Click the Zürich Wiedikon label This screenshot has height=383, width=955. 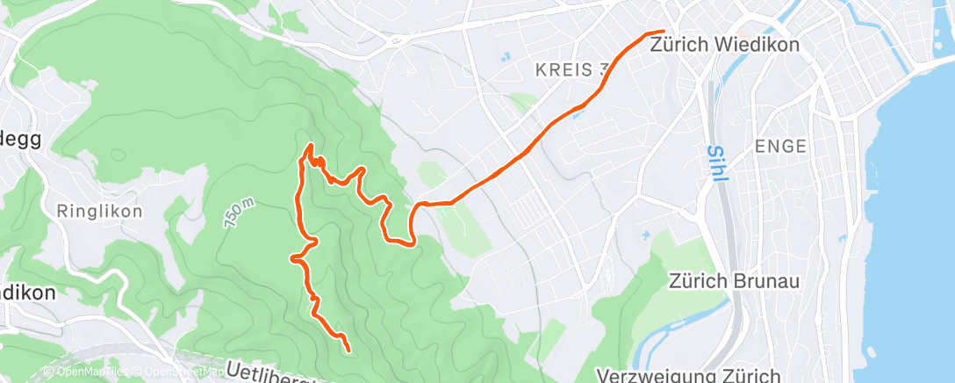click(x=725, y=46)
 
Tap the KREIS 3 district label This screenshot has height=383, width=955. click(x=571, y=69)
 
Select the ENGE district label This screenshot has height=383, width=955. click(x=779, y=147)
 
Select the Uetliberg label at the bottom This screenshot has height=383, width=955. click(x=272, y=373)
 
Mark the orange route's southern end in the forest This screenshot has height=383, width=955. click(x=348, y=350)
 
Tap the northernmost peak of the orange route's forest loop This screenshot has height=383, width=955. click(x=309, y=148)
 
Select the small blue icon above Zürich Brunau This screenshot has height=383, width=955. click(x=645, y=235)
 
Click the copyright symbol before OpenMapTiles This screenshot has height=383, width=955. click(x=49, y=372)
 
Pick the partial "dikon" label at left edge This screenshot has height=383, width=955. click(x=26, y=293)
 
